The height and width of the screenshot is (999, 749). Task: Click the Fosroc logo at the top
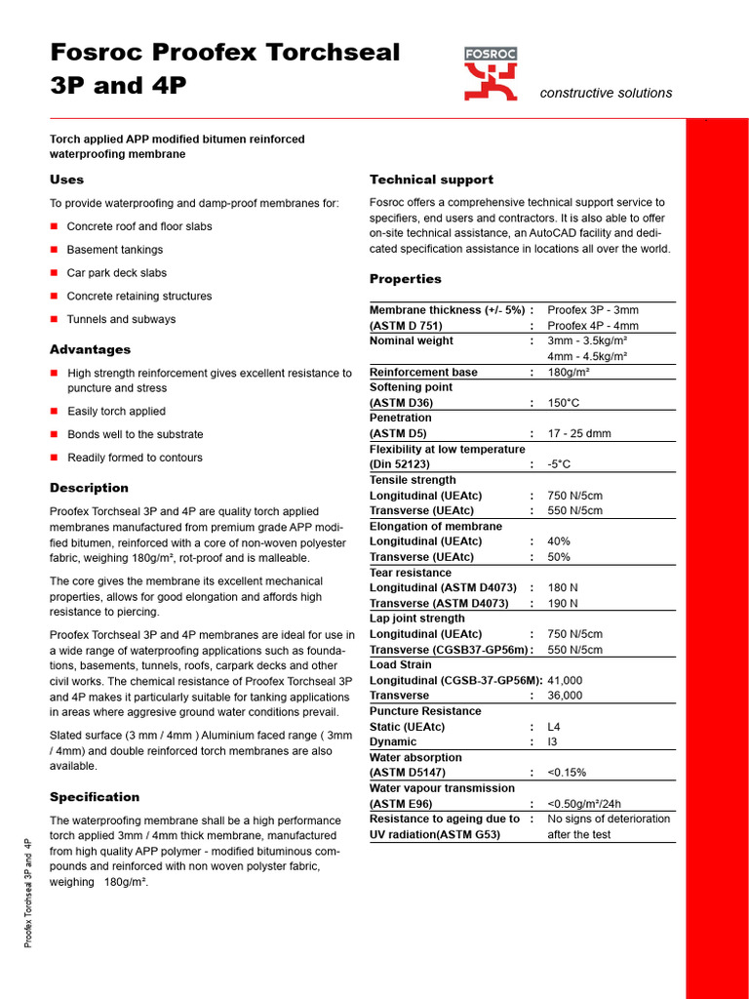pyautogui.click(x=491, y=73)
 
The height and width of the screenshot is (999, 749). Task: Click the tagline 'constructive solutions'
pyautogui.click(x=606, y=93)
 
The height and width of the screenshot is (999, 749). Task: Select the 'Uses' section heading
pyautogui.click(x=66, y=180)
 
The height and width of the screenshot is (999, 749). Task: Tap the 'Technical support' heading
pyautogui.click(x=431, y=180)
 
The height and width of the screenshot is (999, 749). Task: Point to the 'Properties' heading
pyautogui.click(x=405, y=279)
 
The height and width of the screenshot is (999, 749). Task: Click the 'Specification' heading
pyautogui.click(x=95, y=797)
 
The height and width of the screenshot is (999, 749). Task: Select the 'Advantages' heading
pyautogui.click(x=90, y=349)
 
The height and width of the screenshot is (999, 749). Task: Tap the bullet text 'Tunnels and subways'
pyautogui.click(x=121, y=319)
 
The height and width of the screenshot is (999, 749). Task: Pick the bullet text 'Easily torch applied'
pyautogui.click(x=116, y=412)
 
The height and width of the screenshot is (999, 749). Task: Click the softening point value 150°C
pyautogui.click(x=565, y=403)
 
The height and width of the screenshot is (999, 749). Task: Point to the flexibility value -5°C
pyautogui.click(x=558, y=464)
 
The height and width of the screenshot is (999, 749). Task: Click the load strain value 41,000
pyautogui.click(x=565, y=680)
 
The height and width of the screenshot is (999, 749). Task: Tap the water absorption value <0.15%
pyautogui.click(x=568, y=773)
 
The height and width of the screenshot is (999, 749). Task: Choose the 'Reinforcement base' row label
pyautogui.click(x=423, y=372)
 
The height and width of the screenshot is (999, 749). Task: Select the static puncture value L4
pyautogui.click(x=554, y=727)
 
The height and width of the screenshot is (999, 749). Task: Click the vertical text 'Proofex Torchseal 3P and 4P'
pyautogui.click(x=28, y=892)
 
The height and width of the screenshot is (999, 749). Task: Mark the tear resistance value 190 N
pyautogui.click(x=563, y=604)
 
